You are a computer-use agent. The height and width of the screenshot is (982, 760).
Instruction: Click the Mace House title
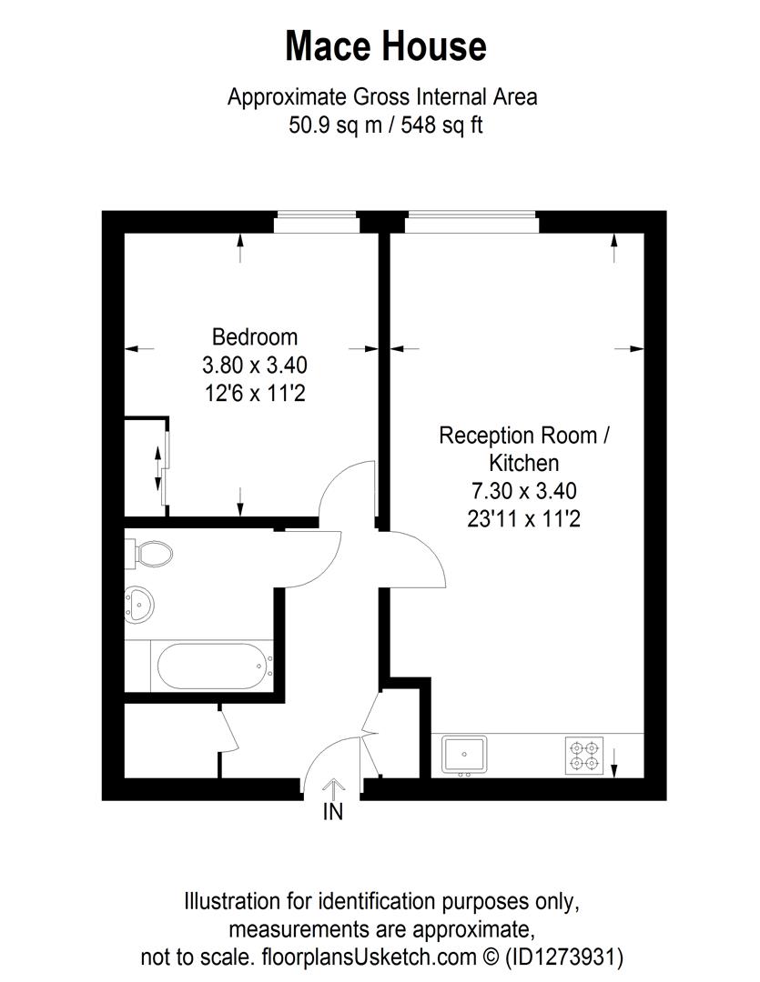[x=385, y=46]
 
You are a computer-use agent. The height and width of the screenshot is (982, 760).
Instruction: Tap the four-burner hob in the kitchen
[x=583, y=755]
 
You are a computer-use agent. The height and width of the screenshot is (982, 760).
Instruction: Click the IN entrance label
[x=333, y=812]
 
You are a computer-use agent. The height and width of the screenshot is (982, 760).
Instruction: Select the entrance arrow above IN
[x=333, y=787]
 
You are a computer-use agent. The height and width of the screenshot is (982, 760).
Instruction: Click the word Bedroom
[x=255, y=337]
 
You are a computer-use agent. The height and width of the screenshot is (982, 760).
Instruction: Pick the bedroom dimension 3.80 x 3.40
[x=255, y=366]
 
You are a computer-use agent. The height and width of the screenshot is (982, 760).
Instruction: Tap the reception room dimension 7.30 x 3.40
[x=523, y=491]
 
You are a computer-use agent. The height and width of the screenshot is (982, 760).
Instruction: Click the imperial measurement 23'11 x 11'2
[x=523, y=519]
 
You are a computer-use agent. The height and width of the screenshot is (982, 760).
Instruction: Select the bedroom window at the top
[x=316, y=215]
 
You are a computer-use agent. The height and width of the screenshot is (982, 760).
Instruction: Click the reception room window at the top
[x=471, y=215]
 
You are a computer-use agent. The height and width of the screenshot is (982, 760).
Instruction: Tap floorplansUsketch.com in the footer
[x=368, y=957]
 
